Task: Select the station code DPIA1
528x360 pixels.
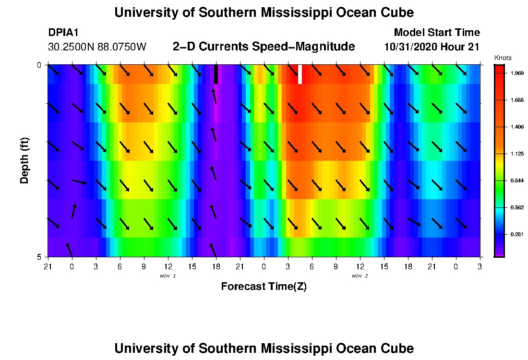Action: tap(63, 33)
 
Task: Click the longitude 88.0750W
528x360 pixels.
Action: tap(121, 47)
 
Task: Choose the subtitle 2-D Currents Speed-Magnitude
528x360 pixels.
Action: tap(264, 47)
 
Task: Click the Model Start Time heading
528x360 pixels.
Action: tap(436, 33)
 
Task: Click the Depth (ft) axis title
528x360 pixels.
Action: tap(25, 161)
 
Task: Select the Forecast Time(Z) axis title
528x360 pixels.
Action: tap(264, 287)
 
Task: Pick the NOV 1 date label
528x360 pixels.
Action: tap(168, 276)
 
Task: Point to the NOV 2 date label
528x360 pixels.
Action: tap(360, 276)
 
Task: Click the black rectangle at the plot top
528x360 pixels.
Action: tap(216, 74)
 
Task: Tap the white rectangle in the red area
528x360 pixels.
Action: tap(300, 74)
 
